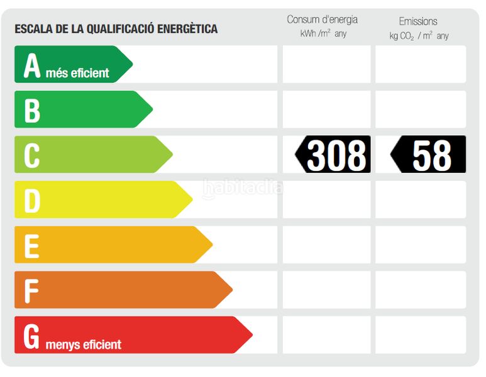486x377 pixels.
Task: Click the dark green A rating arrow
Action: point(72,64)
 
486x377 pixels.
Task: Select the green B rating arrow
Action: point(82,109)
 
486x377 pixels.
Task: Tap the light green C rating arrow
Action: point(92,155)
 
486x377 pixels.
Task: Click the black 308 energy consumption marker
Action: point(334,155)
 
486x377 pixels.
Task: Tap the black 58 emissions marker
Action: point(429,155)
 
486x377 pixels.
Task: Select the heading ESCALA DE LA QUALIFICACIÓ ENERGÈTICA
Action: point(116,29)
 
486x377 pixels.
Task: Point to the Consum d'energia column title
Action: point(323,20)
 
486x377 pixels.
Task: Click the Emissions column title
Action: point(418,21)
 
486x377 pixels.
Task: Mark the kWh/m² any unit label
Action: point(323,34)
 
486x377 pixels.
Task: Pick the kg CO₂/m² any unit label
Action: point(419,36)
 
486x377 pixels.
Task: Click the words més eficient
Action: point(77,74)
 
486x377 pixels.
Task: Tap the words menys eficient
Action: point(84,344)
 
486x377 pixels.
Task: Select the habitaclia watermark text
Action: point(243,187)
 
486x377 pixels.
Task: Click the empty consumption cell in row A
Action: point(326,64)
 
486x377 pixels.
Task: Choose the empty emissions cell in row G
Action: point(421,335)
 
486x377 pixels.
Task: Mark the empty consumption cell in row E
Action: point(326,245)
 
